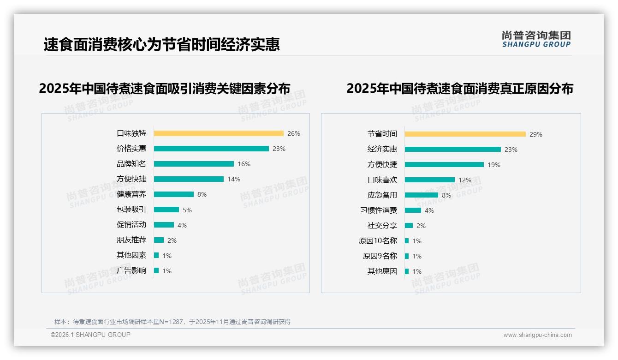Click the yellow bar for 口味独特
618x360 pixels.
[x=219, y=133]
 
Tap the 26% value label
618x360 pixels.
[x=293, y=133]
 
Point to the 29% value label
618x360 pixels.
[x=535, y=134]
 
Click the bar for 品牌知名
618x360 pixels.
[x=194, y=164]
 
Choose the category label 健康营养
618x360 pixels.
[x=131, y=194]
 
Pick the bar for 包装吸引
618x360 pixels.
[x=166, y=210]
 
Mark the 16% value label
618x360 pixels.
[x=244, y=164]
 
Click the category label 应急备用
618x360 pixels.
[x=382, y=195]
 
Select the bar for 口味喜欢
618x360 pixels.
[x=430, y=180]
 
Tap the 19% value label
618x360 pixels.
[x=493, y=165]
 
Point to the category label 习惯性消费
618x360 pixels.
[x=378, y=210]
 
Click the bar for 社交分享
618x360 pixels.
[x=409, y=226]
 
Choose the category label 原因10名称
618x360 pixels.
[x=378, y=241]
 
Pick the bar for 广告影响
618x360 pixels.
[x=156, y=270]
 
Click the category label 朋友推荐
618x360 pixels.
[x=131, y=240]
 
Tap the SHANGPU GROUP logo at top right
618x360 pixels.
[x=536, y=39]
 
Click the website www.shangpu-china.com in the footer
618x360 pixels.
[x=537, y=335]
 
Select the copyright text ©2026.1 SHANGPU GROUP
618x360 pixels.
[x=90, y=335]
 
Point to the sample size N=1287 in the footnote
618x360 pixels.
[x=173, y=322]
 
